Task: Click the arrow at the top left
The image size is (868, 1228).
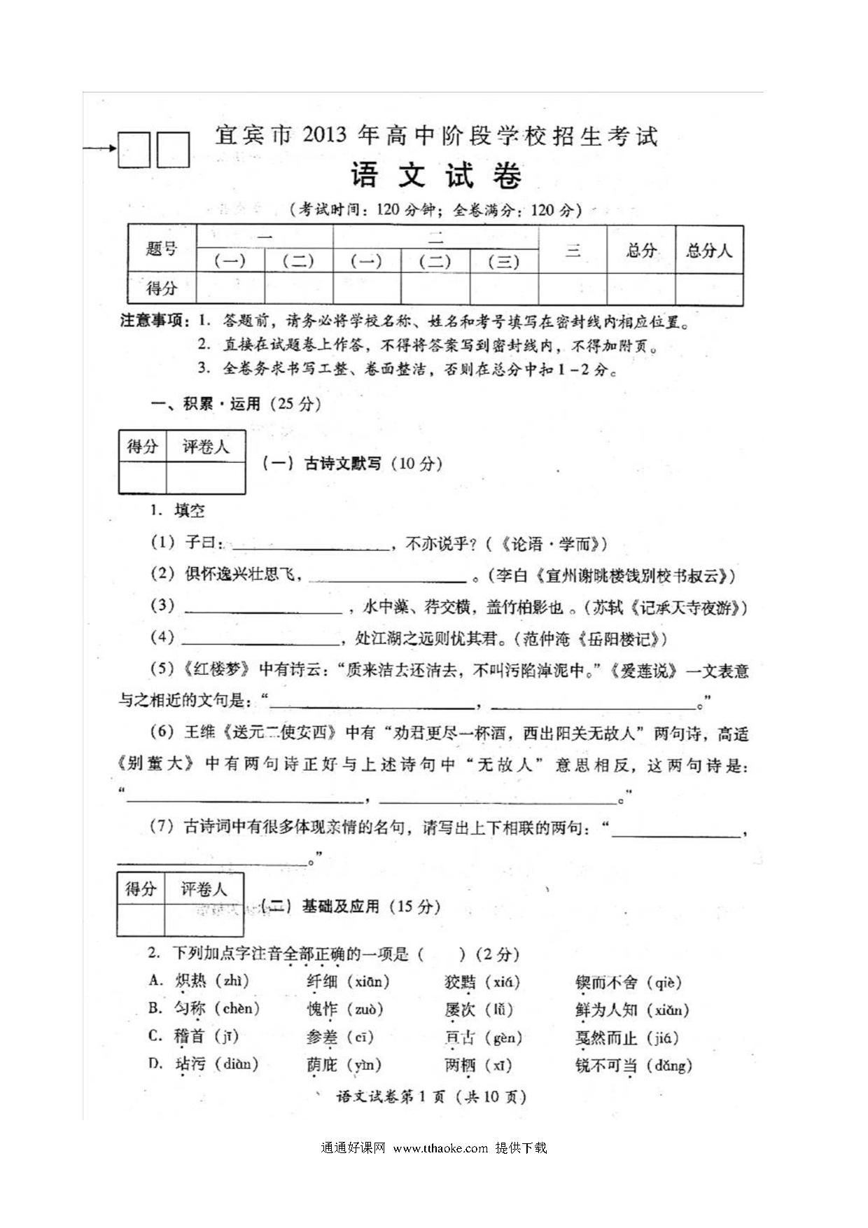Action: click(99, 148)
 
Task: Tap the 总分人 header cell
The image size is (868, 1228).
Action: click(708, 250)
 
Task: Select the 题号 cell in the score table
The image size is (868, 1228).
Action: click(162, 249)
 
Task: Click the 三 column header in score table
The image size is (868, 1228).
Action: click(573, 250)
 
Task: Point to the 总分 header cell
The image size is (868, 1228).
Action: click(640, 250)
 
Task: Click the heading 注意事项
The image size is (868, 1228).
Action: click(155, 321)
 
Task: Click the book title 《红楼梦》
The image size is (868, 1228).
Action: click(216, 669)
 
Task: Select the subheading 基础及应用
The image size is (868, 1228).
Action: click(340, 907)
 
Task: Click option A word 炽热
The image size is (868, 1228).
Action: click(190, 982)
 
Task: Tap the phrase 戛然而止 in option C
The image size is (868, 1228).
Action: click(606, 1038)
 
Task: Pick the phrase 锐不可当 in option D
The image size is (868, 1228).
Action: click(606, 1066)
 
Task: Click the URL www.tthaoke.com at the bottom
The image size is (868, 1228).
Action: click(440, 1148)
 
